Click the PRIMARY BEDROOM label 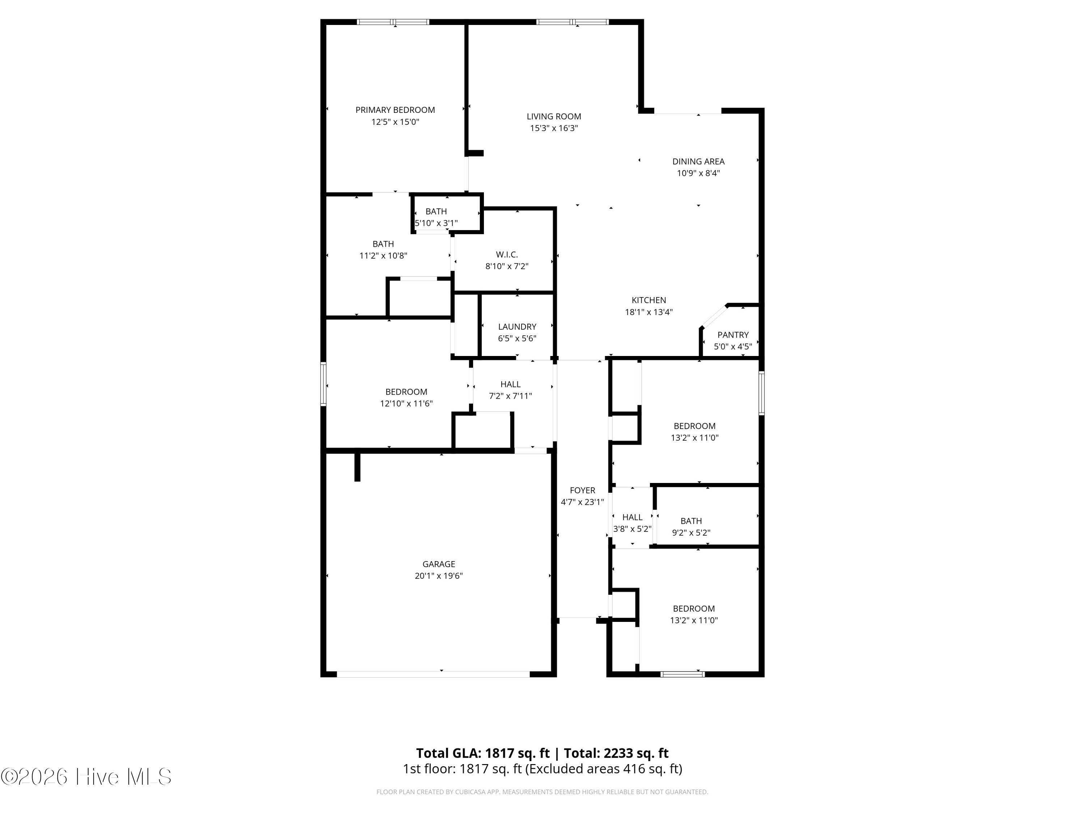click(395, 110)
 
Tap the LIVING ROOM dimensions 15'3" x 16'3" click(554, 128)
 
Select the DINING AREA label click(698, 161)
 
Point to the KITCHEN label click(648, 300)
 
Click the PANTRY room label click(733, 335)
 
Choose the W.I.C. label click(507, 255)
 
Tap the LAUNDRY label click(517, 327)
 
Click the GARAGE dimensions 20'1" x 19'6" click(438, 576)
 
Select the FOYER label click(582, 490)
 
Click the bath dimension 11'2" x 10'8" click(383, 256)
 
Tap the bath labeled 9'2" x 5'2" click(691, 526)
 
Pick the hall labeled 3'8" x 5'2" click(632, 523)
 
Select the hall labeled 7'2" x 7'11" click(510, 390)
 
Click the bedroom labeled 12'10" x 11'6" click(406, 398)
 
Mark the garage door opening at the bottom click(433, 674)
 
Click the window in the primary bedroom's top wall click(393, 22)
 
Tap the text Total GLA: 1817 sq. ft click(483, 753)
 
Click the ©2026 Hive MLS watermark click(86, 777)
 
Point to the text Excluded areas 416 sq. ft click(603, 769)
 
